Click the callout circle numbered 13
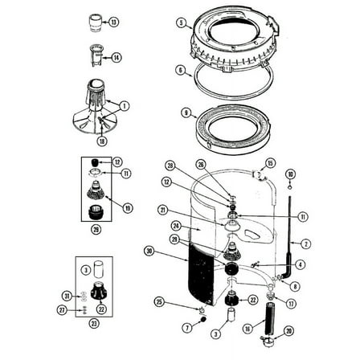(x=113, y=22)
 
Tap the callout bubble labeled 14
(x=117, y=57)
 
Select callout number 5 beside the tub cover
(x=182, y=22)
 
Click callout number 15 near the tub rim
(x=270, y=163)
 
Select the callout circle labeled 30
(x=149, y=251)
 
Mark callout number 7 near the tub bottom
(x=187, y=328)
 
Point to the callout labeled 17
(x=291, y=304)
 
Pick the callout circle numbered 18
(x=102, y=141)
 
